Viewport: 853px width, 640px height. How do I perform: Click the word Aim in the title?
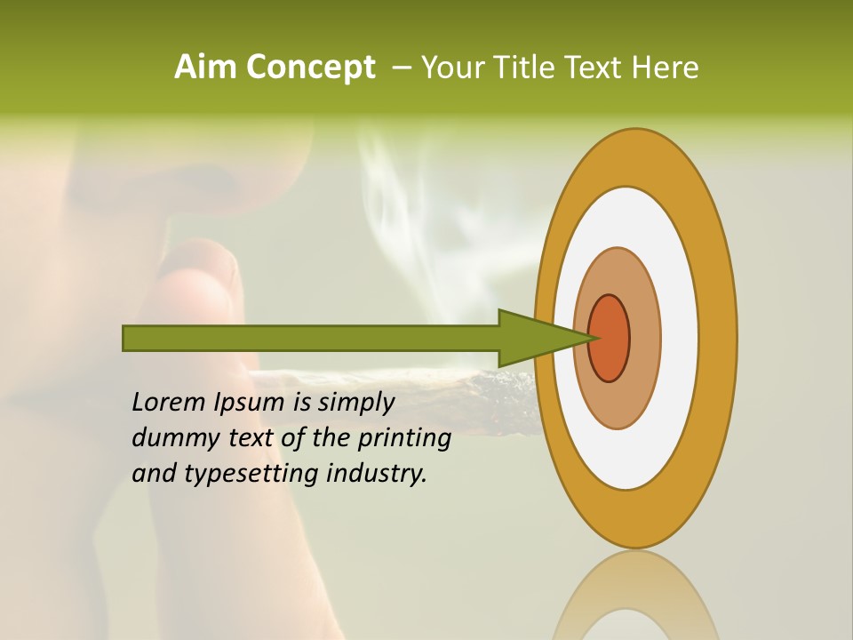206,68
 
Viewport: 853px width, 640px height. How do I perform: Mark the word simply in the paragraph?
355,403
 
